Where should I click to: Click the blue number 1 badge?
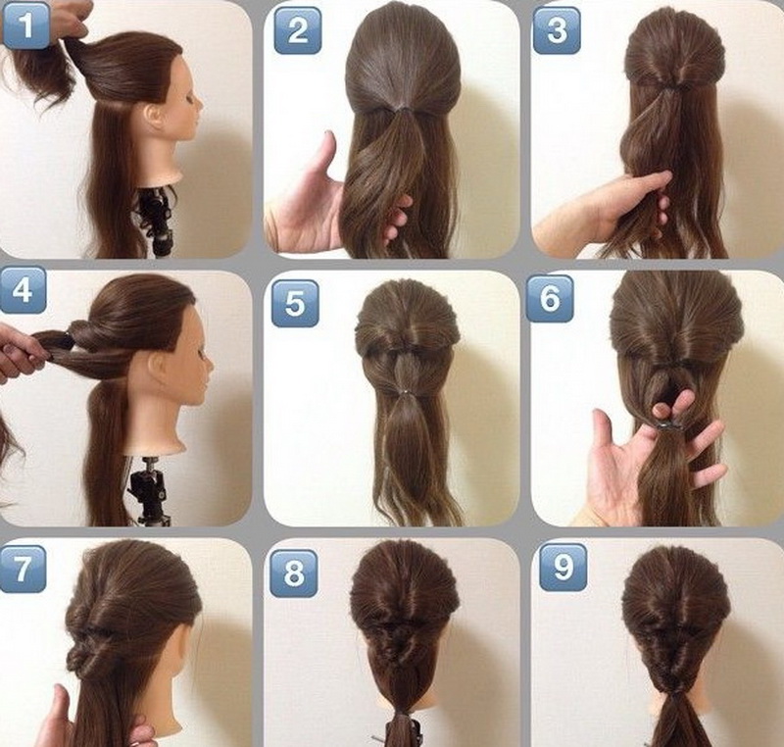[x=25, y=25]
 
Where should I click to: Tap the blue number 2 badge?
[x=298, y=30]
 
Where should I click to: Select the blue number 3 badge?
[x=557, y=30]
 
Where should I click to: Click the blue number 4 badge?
[x=23, y=289]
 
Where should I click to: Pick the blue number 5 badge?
[x=295, y=304]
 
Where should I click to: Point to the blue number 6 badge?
[x=550, y=298]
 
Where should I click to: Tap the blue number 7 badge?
[x=23, y=569]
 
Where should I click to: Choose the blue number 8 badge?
[x=293, y=573]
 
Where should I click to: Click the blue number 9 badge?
[x=563, y=568]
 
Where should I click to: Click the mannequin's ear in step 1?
[x=155, y=117]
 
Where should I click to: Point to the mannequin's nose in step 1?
[x=199, y=105]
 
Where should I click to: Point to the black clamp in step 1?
[x=155, y=220]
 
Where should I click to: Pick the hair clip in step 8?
[x=400, y=733]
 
